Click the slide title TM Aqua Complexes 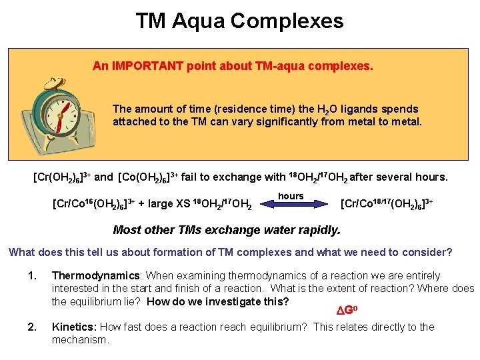[239, 21]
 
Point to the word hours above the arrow [291, 196]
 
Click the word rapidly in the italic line [318, 230]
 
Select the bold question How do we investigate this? [217, 301]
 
